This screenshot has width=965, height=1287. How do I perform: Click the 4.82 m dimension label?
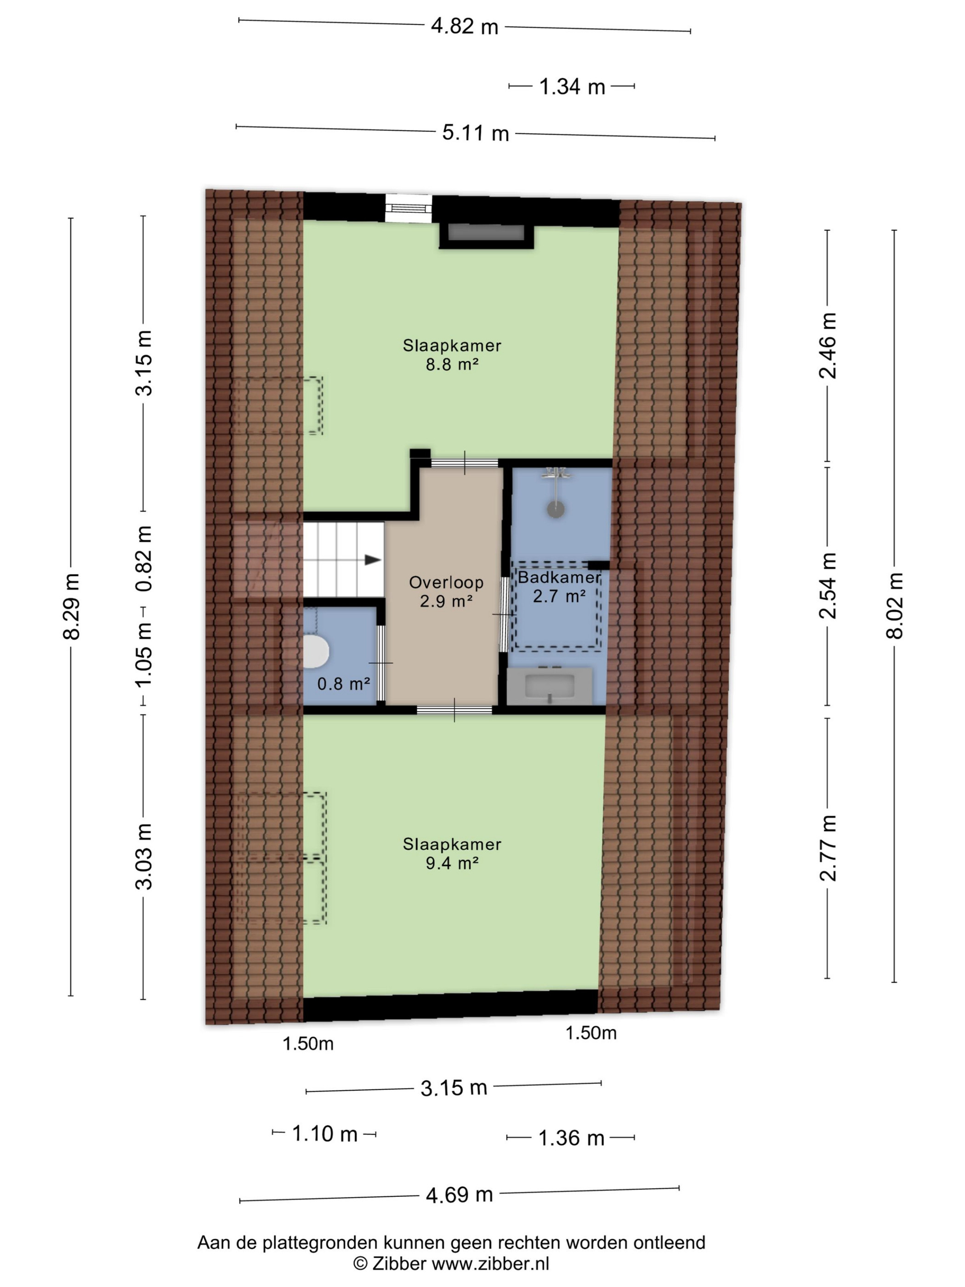coord(464,27)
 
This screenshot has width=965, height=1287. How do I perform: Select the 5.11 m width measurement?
coord(475,133)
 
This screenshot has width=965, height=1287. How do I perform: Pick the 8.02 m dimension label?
coord(895,606)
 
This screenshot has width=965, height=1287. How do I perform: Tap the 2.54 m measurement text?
coord(828,585)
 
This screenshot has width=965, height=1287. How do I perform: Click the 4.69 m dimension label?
coord(459,1195)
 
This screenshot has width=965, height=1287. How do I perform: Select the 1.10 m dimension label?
coord(324,1133)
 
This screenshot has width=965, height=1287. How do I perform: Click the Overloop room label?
coord(446,582)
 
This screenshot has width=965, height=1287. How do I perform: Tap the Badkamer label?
coord(559,577)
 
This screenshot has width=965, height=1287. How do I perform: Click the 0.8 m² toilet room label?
coord(343,683)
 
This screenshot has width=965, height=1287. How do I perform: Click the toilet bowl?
coord(317,650)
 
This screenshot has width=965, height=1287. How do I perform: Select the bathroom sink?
coord(550,686)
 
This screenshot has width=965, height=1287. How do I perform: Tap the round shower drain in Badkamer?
coord(556,509)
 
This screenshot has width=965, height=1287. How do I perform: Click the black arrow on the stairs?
coord(373,560)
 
